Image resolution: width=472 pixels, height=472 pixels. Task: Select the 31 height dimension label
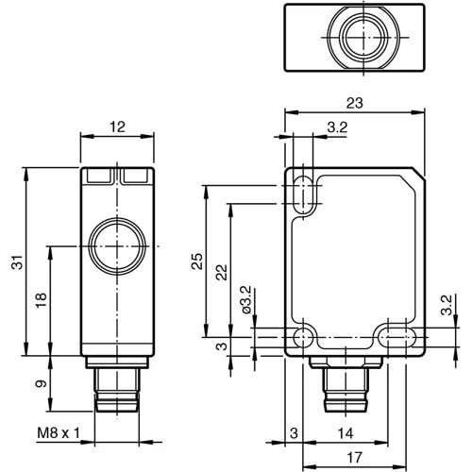click(x=16, y=265)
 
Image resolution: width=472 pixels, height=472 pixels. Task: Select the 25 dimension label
click(x=197, y=261)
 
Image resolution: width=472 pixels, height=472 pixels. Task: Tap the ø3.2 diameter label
click(x=244, y=299)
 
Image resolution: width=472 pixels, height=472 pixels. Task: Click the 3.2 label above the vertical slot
click(x=335, y=127)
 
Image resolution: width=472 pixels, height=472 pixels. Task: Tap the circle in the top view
click(x=353, y=38)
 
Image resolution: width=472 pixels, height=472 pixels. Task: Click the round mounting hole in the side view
click(x=305, y=337)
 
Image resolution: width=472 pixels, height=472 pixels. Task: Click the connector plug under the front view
click(x=117, y=387)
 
